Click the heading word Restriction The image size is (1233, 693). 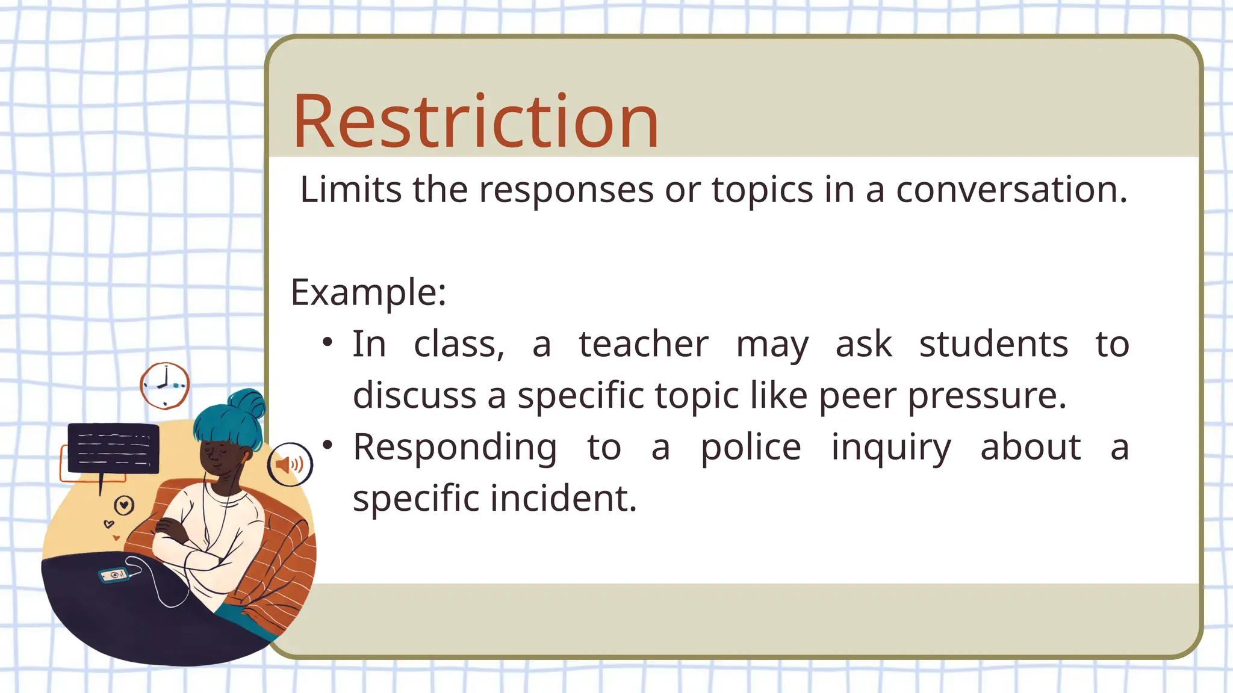coord(476,122)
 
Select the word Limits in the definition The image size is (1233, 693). coord(350,190)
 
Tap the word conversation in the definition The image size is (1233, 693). coord(1011,190)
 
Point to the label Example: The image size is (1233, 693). coord(368,293)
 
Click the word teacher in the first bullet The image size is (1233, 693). coord(644,345)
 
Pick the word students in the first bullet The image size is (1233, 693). coord(993,345)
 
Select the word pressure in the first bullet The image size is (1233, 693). coord(987,396)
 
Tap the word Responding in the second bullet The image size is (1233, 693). coord(455,448)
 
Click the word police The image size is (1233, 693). coord(751,448)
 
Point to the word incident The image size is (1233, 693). coord(564,499)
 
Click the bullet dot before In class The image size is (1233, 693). coord(327,342)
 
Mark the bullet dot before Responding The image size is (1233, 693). coord(327,445)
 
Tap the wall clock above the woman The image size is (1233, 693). coord(164,385)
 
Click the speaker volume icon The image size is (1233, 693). coord(290,464)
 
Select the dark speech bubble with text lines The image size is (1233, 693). coord(113,448)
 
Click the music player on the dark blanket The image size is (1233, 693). coord(114,576)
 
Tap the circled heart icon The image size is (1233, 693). coord(124,505)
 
